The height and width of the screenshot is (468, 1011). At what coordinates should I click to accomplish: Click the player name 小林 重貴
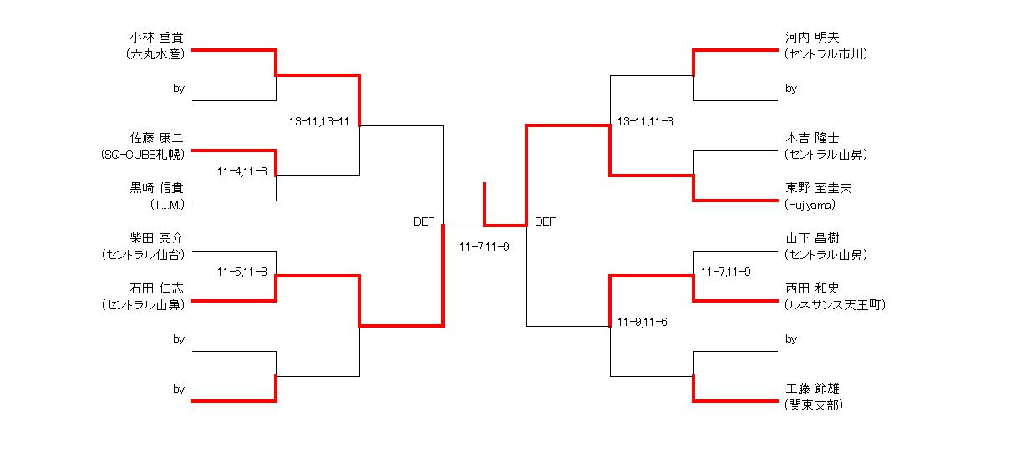pyautogui.click(x=156, y=38)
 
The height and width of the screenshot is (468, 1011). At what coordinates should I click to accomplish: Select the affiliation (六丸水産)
pyautogui.click(x=155, y=54)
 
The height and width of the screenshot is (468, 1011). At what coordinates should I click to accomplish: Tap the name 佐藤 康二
pyautogui.click(x=156, y=138)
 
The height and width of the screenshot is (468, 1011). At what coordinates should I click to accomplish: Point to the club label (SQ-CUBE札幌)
pyautogui.click(x=143, y=155)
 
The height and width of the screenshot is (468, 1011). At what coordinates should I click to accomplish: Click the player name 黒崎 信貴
pyautogui.click(x=156, y=188)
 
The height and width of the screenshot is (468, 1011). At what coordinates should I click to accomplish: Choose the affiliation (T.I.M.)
pyautogui.click(x=167, y=205)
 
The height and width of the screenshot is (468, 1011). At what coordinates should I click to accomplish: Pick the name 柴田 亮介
pyautogui.click(x=156, y=238)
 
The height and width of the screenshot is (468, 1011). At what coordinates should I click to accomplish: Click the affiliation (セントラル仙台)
pyautogui.click(x=143, y=255)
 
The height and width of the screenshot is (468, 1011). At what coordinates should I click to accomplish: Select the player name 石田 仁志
pyautogui.click(x=156, y=288)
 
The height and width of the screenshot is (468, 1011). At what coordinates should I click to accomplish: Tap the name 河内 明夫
pyautogui.click(x=812, y=38)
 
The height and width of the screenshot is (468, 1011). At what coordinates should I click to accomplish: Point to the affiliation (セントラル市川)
pyautogui.click(x=826, y=54)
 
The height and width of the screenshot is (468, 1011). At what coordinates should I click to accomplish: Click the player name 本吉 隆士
pyautogui.click(x=812, y=138)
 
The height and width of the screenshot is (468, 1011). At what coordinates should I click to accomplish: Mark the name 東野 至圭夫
pyautogui.click(x=818, y=188)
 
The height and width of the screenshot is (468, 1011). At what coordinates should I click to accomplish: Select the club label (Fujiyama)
pyautogui.click(x=810, y=205)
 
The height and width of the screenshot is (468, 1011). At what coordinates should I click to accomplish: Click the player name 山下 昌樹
pyautogui.click(x=812, y=238)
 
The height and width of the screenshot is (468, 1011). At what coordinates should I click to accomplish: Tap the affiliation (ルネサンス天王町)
pyautogui.click(x=835, y=305)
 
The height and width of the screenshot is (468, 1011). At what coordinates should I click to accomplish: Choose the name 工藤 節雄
pyautogui.click(x=812, y=388)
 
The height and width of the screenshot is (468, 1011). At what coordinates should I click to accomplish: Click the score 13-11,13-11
pyautogui.click(x=319, y=121)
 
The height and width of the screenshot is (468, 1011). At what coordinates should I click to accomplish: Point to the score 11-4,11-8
pyautogui.click(x=242, y=171)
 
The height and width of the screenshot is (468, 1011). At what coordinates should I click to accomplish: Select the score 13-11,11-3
pyautogui.click(x=645, y=121)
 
